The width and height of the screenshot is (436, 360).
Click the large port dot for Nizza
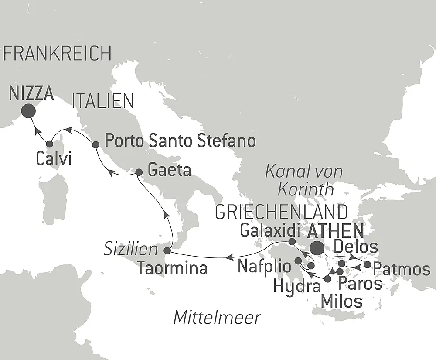[x=29, y=111]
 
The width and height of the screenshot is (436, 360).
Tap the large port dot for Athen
[x=317, y=248]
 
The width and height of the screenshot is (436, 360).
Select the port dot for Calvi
[x=50, y=144]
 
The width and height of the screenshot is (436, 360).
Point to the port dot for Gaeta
[x=139, y=172]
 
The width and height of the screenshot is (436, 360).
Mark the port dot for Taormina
[x=167, y=250]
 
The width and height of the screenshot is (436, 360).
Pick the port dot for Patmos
[x=368, y=264]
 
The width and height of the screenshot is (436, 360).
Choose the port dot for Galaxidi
[x=292, y=241]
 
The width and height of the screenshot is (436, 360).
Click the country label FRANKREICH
[x=57, y=54]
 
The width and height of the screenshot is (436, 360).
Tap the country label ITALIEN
[x=103, y=101]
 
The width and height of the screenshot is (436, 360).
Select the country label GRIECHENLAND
[x=281, y=213]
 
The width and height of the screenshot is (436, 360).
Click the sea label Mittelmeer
[x=217, y=318]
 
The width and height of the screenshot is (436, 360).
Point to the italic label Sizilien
[x=130, y=250]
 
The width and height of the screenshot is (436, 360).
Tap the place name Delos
[x=356, y=247]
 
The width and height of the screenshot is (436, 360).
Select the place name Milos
[x=341, y=301]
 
